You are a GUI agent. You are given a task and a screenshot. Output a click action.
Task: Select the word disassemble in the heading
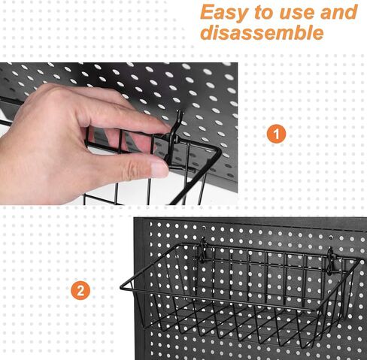(262, 34)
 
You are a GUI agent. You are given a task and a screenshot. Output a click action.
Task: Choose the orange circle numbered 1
(277, 134)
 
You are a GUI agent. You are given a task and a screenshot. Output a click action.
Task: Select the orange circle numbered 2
(80, 291)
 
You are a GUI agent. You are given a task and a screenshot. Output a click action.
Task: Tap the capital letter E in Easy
(208, 13)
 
